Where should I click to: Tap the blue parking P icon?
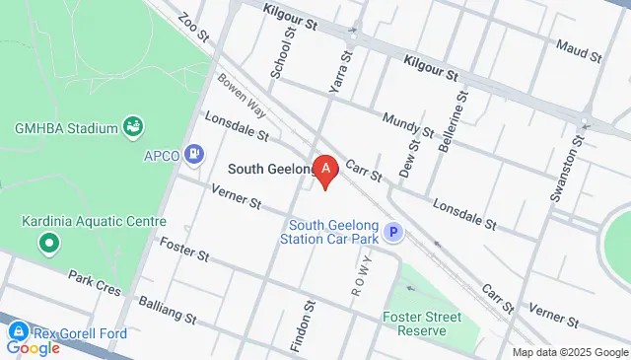click(x=394, y=233)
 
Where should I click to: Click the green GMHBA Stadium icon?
click(x=133, y=126)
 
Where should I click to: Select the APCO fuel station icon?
click(x=195, y=153)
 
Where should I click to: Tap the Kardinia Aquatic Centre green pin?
click(x=46, y=242)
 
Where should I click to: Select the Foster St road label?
click(x=184, y=249)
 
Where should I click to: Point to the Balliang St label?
click(x=169, y=313)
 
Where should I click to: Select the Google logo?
click(x=33, y=347)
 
